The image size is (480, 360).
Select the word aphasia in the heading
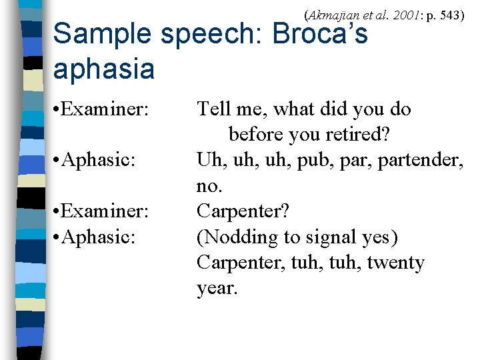pyautogui.click(x=103, y=69)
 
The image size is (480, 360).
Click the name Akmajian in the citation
pyautogui.click(x=331, y=13)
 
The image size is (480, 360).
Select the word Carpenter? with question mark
pyautogui.click(x=243, y=211)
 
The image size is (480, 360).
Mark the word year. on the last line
pyautogui.click(x=217, y=289)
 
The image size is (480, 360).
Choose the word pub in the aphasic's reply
pyautogui.click(x=311, y=160)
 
